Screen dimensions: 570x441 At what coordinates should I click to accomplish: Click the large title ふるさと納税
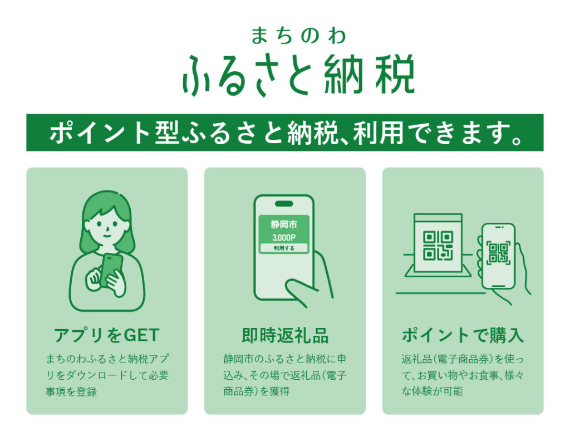click(x=298, y=75)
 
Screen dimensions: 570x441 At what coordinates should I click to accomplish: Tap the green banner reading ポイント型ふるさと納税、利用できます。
click(x=285, y=133)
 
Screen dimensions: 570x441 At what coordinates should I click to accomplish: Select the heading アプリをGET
click(x=106, y=335)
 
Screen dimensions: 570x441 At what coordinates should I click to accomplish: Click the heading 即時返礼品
click(x=285, y=335)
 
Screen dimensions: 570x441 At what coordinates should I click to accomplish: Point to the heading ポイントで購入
click(x=463, y=335)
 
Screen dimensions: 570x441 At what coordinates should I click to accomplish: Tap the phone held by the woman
click(x=111, y=269)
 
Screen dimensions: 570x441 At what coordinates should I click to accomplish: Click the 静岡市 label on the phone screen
click(x=284, y=225)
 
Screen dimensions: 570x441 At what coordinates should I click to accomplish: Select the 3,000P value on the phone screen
click(x=284, y=238)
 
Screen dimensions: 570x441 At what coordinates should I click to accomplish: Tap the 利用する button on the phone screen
click(x=284, y=248)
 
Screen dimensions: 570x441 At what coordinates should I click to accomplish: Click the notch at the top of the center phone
click(x=284, y=204)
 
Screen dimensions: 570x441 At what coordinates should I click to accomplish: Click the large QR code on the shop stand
click(x=438, y=246)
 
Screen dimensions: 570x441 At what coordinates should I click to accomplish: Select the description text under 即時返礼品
click(x=285, y=375)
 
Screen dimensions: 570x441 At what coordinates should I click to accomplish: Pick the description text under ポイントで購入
click(x=463, y=375)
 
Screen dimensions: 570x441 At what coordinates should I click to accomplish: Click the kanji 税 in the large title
click(x=395, y=75)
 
